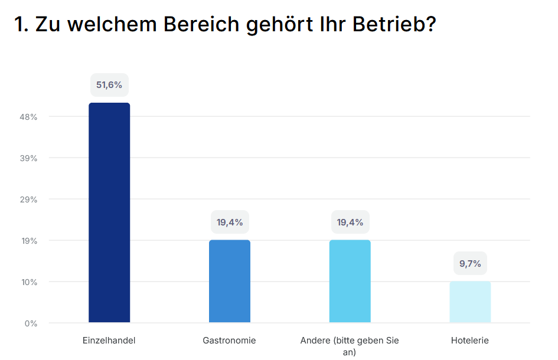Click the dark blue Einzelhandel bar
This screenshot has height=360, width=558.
(109, 212)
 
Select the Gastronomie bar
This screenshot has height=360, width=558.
(230, 281)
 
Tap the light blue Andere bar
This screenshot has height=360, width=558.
(350, 281)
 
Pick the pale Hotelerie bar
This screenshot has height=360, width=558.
(470, 302)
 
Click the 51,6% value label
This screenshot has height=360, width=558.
(109, 85)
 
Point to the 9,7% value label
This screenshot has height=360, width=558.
(470, 263)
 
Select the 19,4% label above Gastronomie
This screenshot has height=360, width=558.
(230, 222)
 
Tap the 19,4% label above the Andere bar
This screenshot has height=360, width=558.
(350, 222)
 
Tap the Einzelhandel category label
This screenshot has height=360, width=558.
(109, 341)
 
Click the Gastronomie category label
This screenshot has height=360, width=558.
(230, 341)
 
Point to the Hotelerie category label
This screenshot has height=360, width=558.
(470, 341)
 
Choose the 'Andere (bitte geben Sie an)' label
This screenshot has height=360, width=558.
(350, 346)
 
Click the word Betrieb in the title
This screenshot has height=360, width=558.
(388, 25)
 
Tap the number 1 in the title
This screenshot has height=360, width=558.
(19, 25)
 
